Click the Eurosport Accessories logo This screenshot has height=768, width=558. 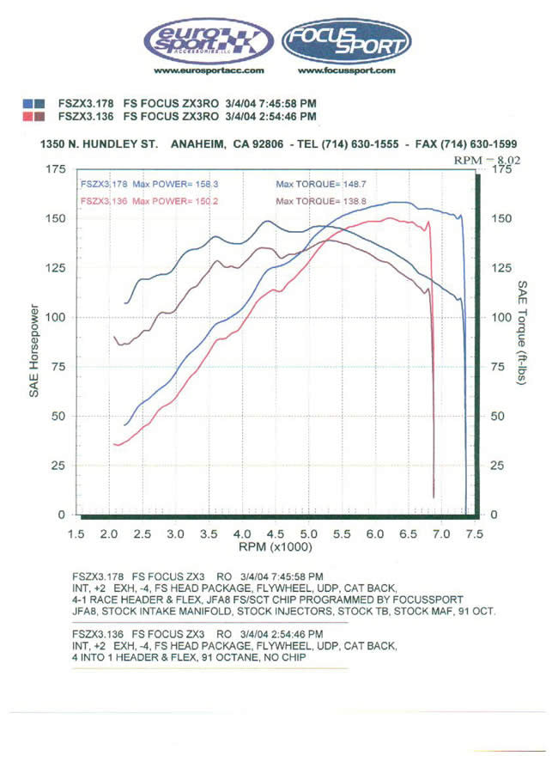[207, 40]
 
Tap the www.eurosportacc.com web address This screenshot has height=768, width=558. [207, 70]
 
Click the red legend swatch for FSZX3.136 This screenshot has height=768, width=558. [33, 116]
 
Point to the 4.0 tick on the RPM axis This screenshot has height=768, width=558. [241, 533]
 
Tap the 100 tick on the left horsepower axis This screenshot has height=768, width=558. [57, 317]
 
